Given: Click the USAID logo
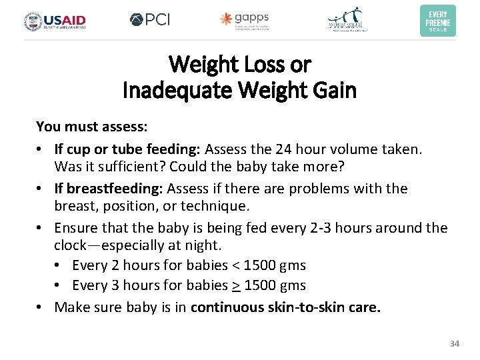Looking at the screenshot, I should coord(55,21).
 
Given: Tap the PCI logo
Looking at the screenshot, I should coord(150,20).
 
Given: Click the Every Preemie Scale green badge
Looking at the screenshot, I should coord(438,21).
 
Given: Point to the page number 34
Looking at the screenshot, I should coord(455,343).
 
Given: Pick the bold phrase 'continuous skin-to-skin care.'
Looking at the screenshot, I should coord(285,307).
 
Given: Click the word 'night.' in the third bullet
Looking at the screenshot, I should coord(188,245).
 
